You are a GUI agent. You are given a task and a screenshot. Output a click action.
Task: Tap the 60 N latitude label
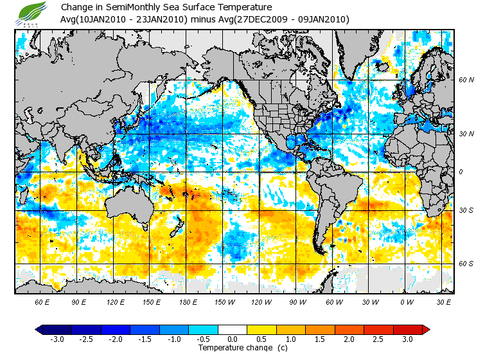point(466,80)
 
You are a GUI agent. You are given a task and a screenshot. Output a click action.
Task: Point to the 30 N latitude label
point(466,134)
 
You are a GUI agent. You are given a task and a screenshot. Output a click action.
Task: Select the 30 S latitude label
point(466,211)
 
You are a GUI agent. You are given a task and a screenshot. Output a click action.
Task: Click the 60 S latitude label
point(466,264)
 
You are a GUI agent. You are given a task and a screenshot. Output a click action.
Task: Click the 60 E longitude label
point(42,301)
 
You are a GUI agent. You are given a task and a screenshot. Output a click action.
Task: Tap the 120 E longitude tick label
point(115,301)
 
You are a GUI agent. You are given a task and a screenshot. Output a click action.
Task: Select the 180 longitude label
point(188,301)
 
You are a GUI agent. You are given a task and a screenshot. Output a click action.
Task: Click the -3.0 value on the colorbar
point(57,339)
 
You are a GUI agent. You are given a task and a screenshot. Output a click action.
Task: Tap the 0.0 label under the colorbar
point(232,339)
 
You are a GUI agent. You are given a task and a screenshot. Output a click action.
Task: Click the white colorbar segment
point(232,330)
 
